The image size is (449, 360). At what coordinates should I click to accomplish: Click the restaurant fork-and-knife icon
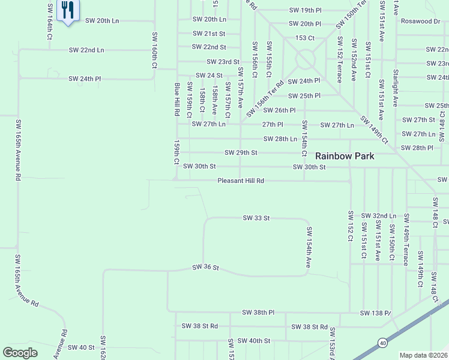pyautogui.click(x=67, y=10)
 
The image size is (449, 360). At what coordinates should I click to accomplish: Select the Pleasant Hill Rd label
pyautogui.click(x=241, y=180)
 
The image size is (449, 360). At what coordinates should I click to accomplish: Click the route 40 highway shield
pyautogui.click(x=382, y=343)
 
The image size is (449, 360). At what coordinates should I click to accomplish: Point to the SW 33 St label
pyautogui.click(x=257, y=218)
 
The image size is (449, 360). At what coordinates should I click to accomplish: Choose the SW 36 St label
pyautogui.click(x=206, y=267)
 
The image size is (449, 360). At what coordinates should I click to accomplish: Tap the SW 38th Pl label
pyautogui.click(x=258, y=313)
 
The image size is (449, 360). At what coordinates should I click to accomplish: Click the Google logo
pyautogui.click(x=20, y=353)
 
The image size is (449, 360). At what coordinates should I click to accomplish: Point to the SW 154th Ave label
pyautogui.click(x=309, y=247)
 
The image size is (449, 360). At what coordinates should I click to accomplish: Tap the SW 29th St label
pyautogui.click(x=241, y=152)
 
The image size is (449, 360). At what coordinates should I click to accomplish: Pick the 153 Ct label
pyautogui.click(x=305, y=38)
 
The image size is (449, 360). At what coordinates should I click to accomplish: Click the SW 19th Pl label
pyautogui.click(x=305, y=10)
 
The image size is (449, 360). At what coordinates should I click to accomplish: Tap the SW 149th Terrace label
pyautogui.click(x=406, y=239)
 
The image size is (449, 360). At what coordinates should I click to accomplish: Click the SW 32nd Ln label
pyautogui.click(x=379, y=215)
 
